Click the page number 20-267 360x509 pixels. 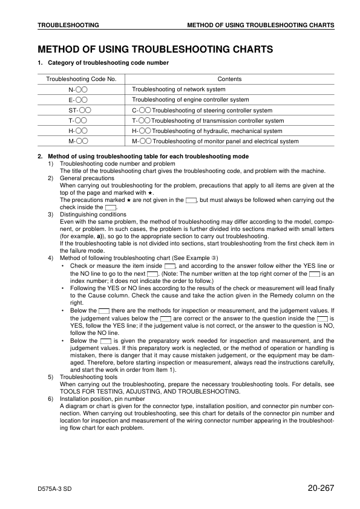coord(317,488)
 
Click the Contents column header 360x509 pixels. coord(229,79)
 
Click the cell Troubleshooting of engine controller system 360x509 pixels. coord(190,100)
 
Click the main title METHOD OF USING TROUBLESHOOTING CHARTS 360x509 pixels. coord(154,49)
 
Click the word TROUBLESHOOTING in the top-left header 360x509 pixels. coord(68,25)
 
